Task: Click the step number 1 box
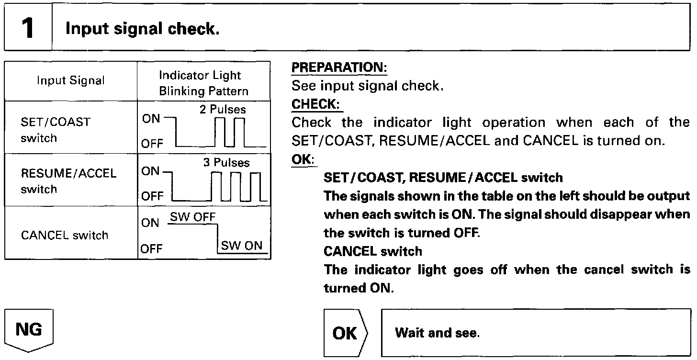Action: [28, 29]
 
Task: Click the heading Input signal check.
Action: [142, 29]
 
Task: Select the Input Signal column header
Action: [71, 80]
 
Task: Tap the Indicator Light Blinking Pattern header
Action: [204, 83]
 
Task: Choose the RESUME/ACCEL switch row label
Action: [68, 181]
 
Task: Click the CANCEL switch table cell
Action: [65, 235]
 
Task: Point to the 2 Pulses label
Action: [223, 110]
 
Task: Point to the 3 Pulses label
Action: [226, 163]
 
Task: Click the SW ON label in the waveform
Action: [242, 246]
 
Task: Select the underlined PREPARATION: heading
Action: [339, 68]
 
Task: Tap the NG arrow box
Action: [29, 330]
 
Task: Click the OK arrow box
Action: [346, 333]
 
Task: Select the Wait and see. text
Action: [437, 333]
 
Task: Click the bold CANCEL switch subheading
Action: [373, 251]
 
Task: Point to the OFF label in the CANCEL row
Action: [151, 248]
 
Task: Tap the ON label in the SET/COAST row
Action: [151, 119]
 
